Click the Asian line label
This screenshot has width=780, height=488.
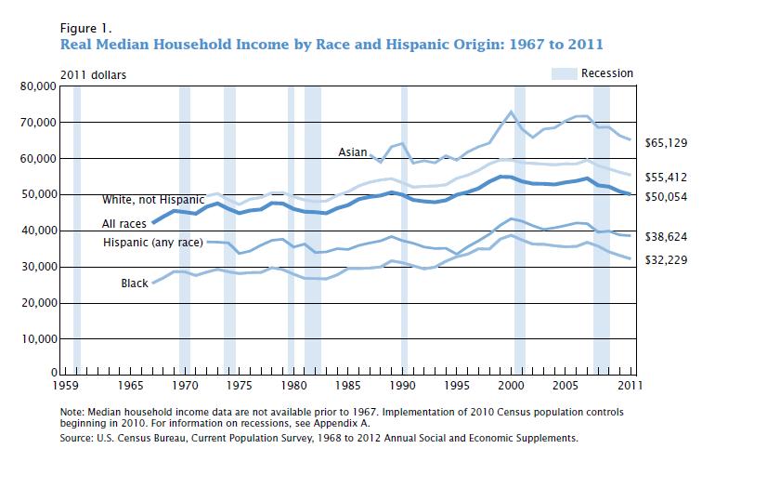(x=352, y=152)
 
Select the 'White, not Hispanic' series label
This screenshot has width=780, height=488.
(x=153, y=200)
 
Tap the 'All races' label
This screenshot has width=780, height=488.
(x=124, y=224)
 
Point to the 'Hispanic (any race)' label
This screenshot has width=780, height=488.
(x=153, y=243)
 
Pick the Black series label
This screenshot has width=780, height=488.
(x=135, y=284)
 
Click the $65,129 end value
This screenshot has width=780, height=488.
(x=666, y=143)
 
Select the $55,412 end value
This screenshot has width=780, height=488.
(x=666, y=178)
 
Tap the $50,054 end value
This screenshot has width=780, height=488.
(x=666, y=197)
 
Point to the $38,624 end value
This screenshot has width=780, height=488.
(x=666, y=236)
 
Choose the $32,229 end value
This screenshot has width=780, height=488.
(x=666, y=260)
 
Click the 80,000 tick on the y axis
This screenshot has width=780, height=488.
(x=38, y=86)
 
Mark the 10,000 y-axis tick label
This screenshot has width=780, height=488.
(x=39, y=339)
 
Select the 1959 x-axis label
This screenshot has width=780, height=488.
(x=66, y=386)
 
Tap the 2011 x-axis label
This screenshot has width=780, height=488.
(x=630, y=386)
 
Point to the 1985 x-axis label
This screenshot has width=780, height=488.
(x=347, y=386)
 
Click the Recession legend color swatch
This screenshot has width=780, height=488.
(x=565, y=73)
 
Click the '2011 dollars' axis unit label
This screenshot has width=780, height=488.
(x=94, y=75)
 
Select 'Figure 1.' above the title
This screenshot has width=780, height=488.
(x=85, y=28)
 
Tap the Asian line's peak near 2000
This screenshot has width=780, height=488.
(x=511, y=111)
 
